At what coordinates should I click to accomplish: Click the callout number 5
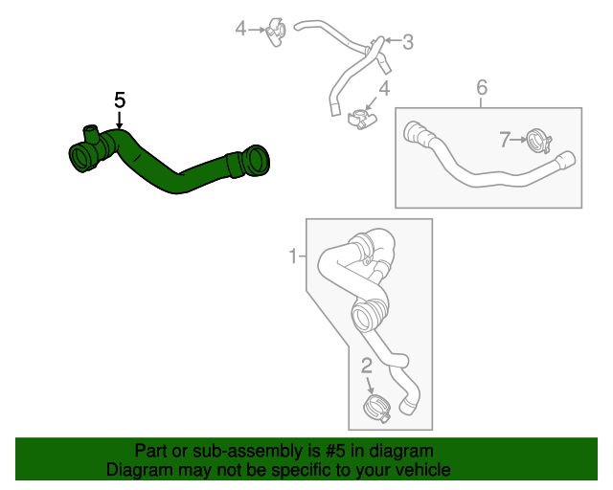120,100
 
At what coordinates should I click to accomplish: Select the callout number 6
482,88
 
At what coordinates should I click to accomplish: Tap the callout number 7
506,140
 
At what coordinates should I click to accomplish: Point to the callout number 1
293,256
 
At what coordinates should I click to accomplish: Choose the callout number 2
367,365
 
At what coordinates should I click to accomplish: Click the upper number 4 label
241,29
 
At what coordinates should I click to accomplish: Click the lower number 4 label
384,89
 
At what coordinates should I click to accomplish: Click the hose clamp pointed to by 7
537,143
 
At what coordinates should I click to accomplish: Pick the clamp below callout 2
375,409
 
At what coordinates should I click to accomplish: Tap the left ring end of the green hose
80,157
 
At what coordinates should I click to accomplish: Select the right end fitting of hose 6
565,162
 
